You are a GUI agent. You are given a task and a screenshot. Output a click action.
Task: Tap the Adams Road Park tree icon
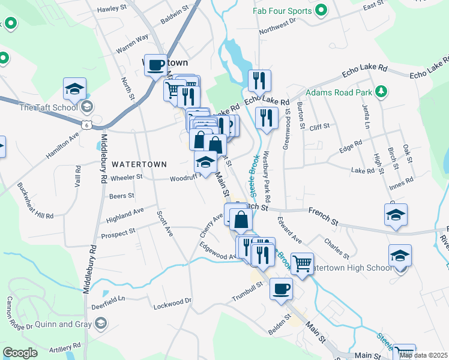click(x=380, y=92)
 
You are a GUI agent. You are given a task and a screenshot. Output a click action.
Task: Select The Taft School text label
click(x=49, y=107)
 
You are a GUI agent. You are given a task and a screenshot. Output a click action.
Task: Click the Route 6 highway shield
click(x=87, y=124)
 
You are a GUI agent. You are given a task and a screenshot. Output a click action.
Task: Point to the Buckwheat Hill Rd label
click(x=35, y=200)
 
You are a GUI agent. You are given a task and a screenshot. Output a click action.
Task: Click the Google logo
click(x=20, y=353)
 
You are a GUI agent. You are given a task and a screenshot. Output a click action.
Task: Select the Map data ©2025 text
click(x=424, y=355)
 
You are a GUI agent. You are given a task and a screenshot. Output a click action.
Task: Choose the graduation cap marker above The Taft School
click(x=75, y=89)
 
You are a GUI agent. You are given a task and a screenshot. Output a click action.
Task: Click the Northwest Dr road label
click(x=278, y=26)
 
